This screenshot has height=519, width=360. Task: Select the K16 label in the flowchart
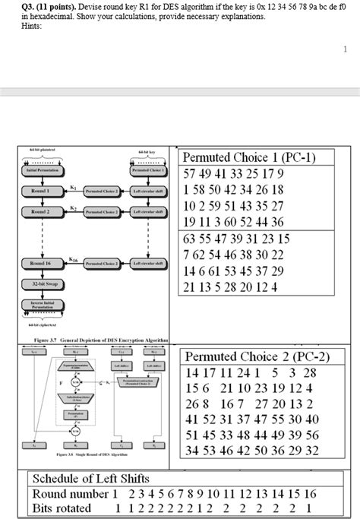tap(74, 258)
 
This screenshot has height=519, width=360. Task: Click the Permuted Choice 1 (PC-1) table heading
tap(248, 158)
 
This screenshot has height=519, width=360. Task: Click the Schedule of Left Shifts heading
tap(90, 479)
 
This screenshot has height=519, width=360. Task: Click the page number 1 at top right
tap(345, 49)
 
